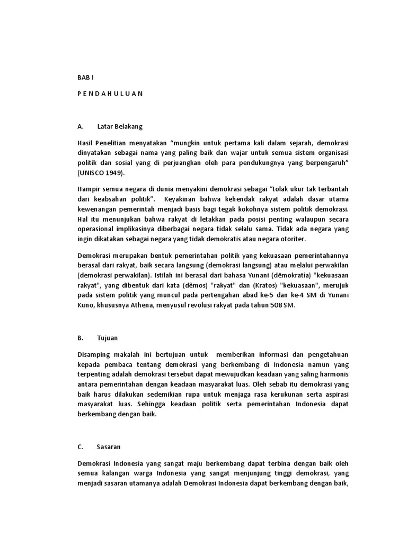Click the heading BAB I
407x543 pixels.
85,77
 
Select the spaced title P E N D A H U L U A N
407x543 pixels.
110,93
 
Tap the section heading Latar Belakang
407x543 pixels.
120,127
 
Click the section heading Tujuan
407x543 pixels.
108,337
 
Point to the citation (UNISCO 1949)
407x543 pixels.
103,173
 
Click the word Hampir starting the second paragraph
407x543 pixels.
88,189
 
